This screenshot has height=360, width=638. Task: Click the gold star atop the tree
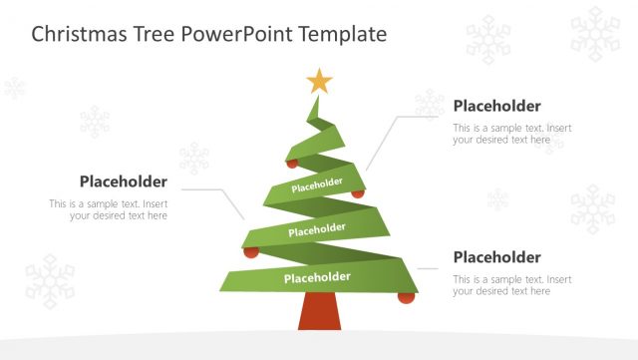click(x=319, y=80)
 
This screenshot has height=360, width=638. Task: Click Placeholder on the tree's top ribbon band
click(x=317, y=184)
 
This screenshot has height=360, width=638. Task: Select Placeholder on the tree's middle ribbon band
click(x=317, y=230)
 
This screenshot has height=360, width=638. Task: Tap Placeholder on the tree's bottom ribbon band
click(x=317, y=276)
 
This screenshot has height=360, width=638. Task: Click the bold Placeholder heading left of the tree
click(x=123, y=180)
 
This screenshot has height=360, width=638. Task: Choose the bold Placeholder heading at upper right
click(x=496, y=106)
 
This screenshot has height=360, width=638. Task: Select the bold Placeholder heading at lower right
click(x=496, y=256)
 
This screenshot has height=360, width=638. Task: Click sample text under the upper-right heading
click(x=511, y=134)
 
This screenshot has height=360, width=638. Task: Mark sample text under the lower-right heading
click(x=511, y=285)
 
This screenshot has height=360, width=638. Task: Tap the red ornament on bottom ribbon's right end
click(x=406, y=296)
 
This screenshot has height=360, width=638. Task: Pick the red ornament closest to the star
click(x=292, y=163)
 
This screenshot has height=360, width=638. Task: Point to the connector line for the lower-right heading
click(x=430, y=268)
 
